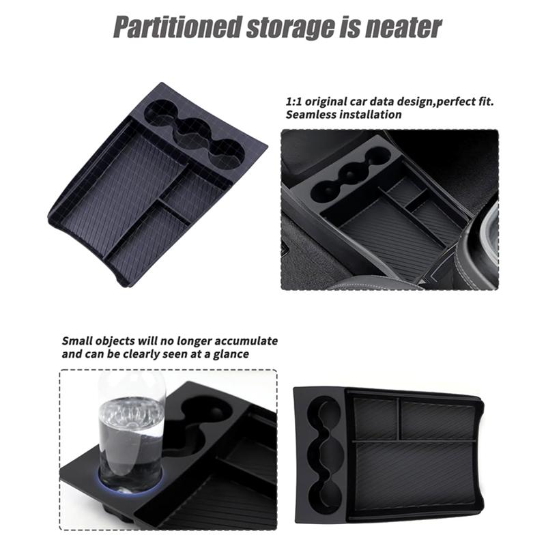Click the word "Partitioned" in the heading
click(x=177, y=27)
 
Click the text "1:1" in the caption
click(x=293, y=102)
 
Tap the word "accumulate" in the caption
click(x=246, y=341)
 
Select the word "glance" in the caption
click(x=231, y=355)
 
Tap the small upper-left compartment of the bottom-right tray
click(x=375, y=418)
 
